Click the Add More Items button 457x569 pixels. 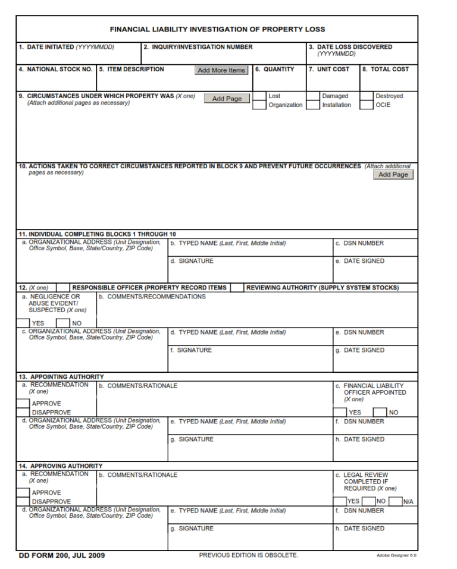[x=221, y=70]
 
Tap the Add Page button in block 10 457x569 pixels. [x=393, y=175]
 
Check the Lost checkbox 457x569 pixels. [x=259, y=96]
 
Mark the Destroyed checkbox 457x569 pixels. [x=367, y=96]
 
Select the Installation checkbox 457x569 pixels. [x=313, y=105]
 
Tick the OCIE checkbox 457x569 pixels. [x=367, y=105]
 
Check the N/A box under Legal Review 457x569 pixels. [x=396, y=501]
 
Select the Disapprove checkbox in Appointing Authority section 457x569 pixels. [x=23, y=412]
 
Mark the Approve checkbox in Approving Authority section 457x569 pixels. [x=23, y=492]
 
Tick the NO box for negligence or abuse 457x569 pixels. [x=63, y=323]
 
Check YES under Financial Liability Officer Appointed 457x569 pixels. [x=340, y=412]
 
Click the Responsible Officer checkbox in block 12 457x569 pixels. [x=63, y=288]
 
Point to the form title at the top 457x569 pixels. [x=217, y=29]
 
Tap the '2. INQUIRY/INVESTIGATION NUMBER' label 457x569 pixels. [x=198, y=47]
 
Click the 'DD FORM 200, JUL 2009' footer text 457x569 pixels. [x=62, y=555]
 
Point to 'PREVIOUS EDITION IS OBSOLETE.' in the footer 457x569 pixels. [x=248, y=555]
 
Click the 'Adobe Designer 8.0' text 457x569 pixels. [x=396, y=556]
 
